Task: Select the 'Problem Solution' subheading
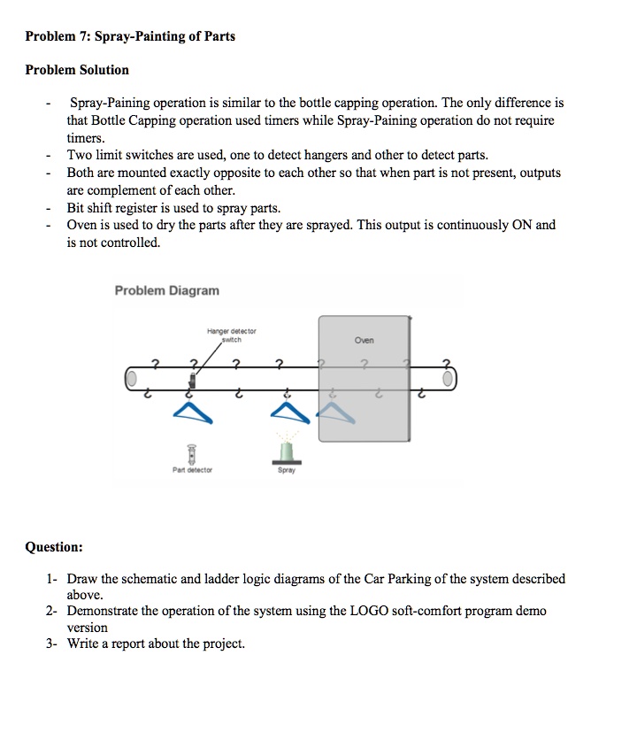pos(77,70)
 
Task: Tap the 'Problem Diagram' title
pos(167,290)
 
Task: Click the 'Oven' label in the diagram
pos(364,340)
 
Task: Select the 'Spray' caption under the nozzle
pos(286,471)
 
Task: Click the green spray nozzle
pos(286,452)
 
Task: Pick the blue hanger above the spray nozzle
pos(285,406)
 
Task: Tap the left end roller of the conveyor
pos(132,380)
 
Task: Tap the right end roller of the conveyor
pos(449,380)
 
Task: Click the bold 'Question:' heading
pos(54,548)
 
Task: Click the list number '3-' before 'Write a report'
pos(52,644)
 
